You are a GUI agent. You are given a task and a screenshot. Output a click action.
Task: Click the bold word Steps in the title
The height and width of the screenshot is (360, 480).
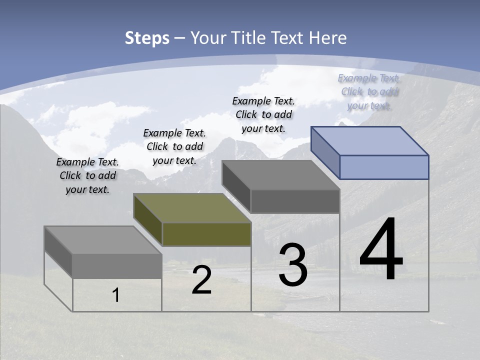147,38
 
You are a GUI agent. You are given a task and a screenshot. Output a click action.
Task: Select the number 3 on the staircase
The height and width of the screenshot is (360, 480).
293,265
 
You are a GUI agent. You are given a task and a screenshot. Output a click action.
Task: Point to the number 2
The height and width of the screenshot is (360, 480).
201,280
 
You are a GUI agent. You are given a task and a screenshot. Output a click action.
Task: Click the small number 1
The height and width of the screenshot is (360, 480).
116,295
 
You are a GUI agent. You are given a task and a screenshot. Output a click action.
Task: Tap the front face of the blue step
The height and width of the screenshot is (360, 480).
384,167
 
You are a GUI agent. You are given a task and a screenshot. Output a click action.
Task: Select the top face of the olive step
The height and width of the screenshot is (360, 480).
192,208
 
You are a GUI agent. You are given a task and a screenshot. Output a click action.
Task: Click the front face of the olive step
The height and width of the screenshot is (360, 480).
206,234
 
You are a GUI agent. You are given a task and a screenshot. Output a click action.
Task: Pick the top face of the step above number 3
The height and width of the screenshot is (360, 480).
281,175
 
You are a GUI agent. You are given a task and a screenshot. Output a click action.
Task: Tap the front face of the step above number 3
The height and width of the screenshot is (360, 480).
295,201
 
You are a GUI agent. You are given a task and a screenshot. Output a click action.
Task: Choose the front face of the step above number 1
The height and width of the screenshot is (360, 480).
117,266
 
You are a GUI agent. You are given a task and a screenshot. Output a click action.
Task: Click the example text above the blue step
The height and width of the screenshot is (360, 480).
369,91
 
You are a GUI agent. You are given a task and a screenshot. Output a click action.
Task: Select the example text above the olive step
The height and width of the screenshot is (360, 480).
174,146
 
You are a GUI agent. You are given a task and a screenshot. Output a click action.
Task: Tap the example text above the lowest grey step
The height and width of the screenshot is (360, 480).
87,175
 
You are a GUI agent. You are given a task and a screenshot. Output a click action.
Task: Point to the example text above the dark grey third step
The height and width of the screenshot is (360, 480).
263,114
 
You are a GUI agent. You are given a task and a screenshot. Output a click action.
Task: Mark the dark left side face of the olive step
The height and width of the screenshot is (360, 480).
148,220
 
